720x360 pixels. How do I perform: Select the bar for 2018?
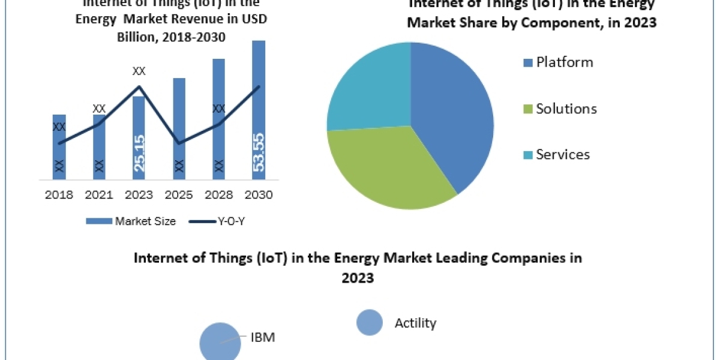click(59, 146)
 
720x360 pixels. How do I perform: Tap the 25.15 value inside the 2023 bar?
click(139, 153)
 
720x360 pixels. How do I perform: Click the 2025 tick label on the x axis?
click(179, 195)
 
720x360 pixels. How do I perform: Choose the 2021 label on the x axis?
click(99, 195)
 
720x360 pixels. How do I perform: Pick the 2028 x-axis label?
click(218, 195)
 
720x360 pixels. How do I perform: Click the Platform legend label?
click(564, 62)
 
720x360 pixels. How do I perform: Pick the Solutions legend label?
click(566, 109)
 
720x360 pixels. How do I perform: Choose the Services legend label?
click(563, 155)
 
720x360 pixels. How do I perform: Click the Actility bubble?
click(370, 323)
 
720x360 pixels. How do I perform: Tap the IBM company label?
click(262, 337)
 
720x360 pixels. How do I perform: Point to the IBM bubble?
click(220, 343)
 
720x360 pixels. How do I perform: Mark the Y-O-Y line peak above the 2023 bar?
click(139, 86)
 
